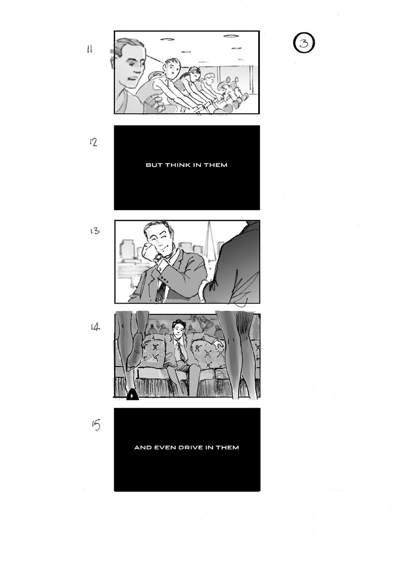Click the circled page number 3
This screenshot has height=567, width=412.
(304, 43)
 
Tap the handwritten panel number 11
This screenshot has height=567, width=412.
(89, 49)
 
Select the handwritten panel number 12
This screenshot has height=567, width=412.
(93, 142)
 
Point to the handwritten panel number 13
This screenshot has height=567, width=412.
(95, 231)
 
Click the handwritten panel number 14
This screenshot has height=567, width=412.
(95, 327)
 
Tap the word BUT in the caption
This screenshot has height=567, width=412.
(154, 165)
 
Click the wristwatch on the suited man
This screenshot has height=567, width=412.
(159, 257)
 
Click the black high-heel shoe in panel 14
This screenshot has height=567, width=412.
(132, 395)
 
